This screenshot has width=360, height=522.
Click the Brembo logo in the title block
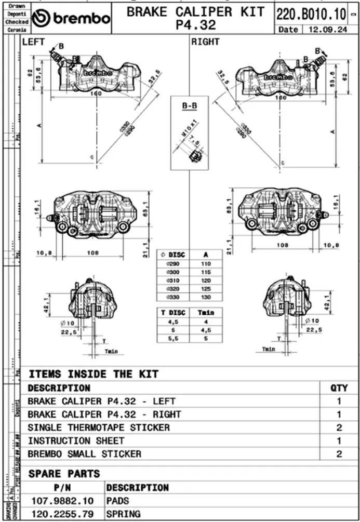[71, 19]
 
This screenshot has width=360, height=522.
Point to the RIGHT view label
[206, 42]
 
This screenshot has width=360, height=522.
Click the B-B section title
[189, 106]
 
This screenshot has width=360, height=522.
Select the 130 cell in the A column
[205, 297]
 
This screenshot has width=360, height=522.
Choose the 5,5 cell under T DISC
[172, 338]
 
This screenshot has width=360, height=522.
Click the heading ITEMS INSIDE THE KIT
[94, 374]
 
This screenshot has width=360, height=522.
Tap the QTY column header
[339, 388]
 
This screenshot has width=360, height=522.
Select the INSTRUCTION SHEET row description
[76, 440]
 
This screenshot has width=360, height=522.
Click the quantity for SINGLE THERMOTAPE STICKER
[339, 427]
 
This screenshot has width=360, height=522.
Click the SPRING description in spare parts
[123, 514]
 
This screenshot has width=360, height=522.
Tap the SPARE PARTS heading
[64, 474]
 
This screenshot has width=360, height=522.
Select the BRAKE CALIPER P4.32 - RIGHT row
[104, 414]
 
